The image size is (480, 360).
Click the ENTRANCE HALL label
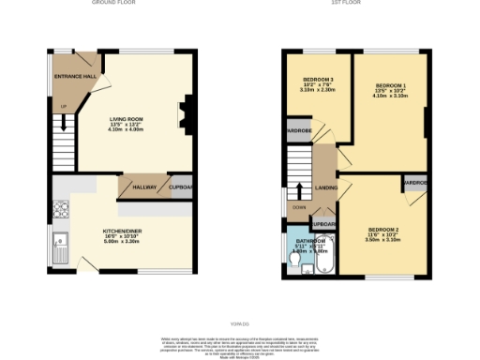coord(77,75)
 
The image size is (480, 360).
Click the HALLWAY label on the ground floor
coord(143,187)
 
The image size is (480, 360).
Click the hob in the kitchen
coord(61,209)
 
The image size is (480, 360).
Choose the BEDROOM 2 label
coord(383,230)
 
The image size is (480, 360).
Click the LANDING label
coord(327,187)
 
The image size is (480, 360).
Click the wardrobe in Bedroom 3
coord(298,131)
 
